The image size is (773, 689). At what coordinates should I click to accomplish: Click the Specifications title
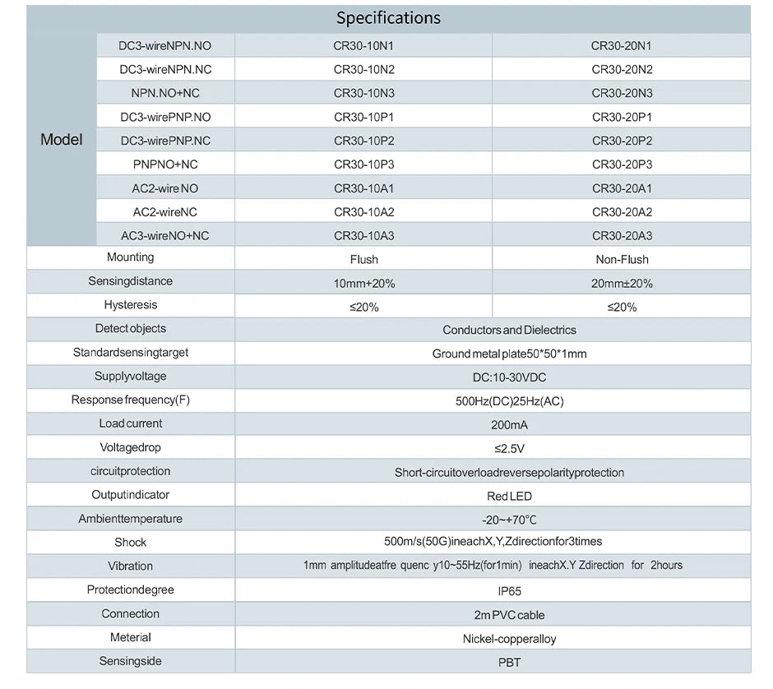tap(388, 18)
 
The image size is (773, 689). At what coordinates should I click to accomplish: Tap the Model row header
tap(61, 140)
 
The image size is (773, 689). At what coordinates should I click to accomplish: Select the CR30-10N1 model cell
tap(363, 46)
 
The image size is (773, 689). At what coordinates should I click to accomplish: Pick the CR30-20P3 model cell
tap(622, 164)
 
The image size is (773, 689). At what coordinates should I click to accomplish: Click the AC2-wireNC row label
tap(165, 212)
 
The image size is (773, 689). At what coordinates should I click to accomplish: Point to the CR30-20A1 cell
tap(622, 188)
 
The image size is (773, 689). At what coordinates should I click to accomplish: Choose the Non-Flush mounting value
tap(622, 260)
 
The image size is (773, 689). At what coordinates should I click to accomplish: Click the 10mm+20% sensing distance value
tap(363, 284)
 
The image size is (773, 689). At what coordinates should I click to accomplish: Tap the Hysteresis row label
tap(131, 304)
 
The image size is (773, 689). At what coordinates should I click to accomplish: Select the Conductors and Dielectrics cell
tap(509, 330)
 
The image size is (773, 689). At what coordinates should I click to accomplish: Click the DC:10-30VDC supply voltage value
tap(509, 377)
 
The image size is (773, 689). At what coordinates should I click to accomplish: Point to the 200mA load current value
tap(509, 425)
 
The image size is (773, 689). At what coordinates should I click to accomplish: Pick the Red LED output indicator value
tap(509, 497)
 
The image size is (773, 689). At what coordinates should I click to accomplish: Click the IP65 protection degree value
tap(509, 591)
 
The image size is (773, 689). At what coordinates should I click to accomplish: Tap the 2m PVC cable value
tap(509, 615)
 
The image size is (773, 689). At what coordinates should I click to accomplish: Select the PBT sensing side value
tap(509, 663)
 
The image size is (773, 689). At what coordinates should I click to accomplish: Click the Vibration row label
tap(130, 566)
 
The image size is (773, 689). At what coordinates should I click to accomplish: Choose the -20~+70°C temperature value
tap(509, 520)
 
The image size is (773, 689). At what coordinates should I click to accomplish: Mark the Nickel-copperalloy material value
tap(509, 639)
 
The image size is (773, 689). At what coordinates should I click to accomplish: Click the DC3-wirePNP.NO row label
tap(165, 118)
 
